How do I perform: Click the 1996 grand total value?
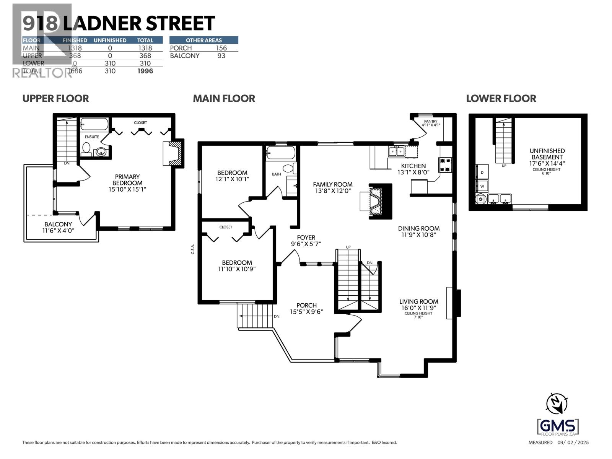point(145,71)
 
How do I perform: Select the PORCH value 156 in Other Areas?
point(221,48)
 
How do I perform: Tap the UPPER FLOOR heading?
point(55,98)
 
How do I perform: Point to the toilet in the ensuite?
point(86,148)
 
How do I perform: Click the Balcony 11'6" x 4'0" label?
point(58,228)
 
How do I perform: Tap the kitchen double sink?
point(396,152)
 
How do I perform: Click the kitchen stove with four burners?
point(446,164)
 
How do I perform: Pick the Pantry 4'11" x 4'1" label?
point(431,123)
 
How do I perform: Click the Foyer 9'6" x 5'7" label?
point(306,241)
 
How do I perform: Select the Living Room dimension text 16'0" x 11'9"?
point(418,308)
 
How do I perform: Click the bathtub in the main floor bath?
point(281,153)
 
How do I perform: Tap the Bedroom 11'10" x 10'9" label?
point(237,265)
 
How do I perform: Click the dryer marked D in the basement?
point(482,173)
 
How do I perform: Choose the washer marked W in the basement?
point(482,186)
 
